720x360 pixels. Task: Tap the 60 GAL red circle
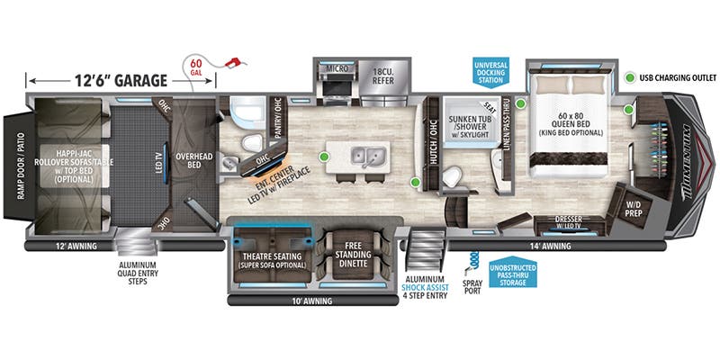(196, 67)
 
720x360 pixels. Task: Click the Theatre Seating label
(272, 260)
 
